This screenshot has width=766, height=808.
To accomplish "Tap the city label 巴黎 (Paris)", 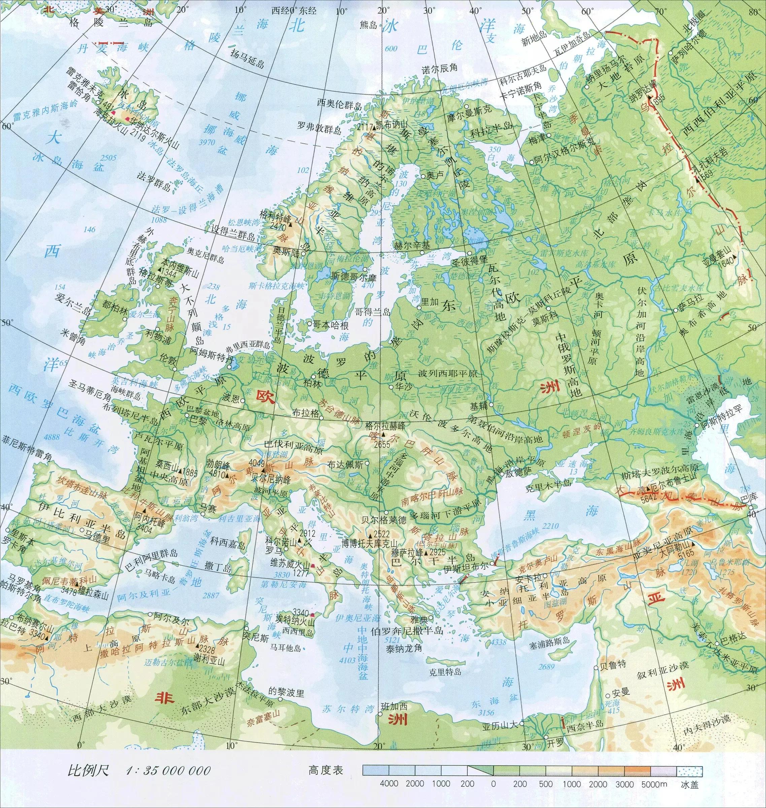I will (198, 420).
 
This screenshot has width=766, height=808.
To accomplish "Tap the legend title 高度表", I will (326, 770).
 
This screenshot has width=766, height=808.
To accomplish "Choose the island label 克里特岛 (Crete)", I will (445, 671).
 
